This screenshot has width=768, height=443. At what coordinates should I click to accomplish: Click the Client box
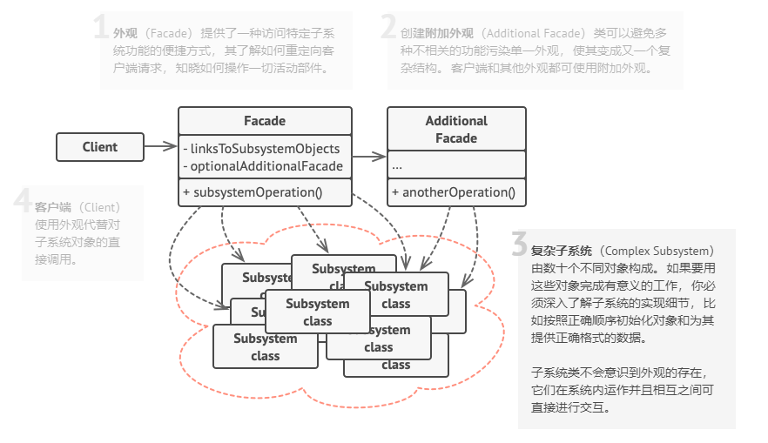99,147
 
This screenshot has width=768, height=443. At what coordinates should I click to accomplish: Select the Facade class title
265,121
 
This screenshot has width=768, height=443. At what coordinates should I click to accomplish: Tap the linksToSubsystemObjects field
261,149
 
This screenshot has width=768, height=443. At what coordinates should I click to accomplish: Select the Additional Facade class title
456,129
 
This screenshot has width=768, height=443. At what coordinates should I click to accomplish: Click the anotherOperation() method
453,192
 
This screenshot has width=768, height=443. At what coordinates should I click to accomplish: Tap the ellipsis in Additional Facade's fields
397,164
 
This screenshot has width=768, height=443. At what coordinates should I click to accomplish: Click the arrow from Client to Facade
160,147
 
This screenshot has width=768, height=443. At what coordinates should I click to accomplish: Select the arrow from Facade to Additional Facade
369,157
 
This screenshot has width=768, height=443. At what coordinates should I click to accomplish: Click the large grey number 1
101,28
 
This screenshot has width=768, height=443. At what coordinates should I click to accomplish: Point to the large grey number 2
388,28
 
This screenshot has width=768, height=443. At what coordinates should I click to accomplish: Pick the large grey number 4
24,202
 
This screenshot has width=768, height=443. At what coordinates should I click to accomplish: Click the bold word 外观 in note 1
125,34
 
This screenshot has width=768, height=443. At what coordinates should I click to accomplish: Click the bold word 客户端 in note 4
53,207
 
